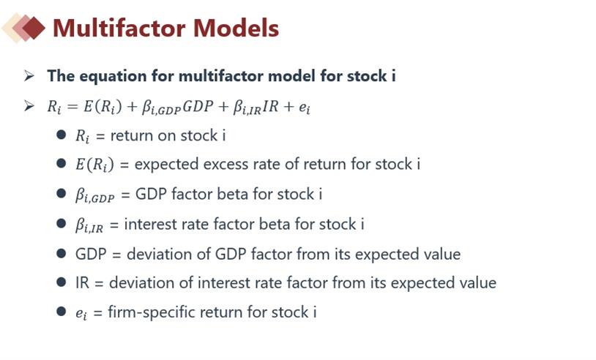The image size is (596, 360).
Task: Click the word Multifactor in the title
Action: point(119,28)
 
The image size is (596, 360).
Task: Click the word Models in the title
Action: point(236,28)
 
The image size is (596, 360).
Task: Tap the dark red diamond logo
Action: point(33,28)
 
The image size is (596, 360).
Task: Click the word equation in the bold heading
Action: point(113,76)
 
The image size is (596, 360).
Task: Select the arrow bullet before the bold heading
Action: point(29,75)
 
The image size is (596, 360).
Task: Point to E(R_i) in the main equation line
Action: point(103,106)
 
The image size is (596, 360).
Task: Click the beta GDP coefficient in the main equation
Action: point(161,107)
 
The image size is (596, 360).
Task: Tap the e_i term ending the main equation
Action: point(305,108)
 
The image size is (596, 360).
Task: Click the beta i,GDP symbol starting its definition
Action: point(94,195)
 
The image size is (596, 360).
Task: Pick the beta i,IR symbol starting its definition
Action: point(89,225)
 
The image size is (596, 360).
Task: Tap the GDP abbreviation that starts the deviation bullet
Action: point(91,254)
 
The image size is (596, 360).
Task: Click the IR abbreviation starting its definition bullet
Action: point(82,283)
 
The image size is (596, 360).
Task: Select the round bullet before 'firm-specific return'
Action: point(62,312)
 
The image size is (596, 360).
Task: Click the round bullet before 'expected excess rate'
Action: point(62,163)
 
